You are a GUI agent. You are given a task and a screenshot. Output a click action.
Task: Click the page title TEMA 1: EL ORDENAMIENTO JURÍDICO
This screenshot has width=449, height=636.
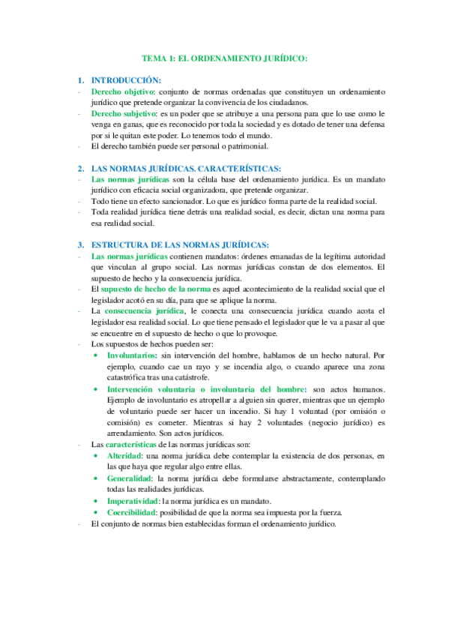[x=225, y=58]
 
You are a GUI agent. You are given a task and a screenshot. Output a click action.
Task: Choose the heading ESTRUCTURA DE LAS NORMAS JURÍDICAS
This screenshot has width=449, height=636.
[x=179, y=244]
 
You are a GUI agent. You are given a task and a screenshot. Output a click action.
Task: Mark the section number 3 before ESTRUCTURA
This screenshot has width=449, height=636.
[x=80, y=244]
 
